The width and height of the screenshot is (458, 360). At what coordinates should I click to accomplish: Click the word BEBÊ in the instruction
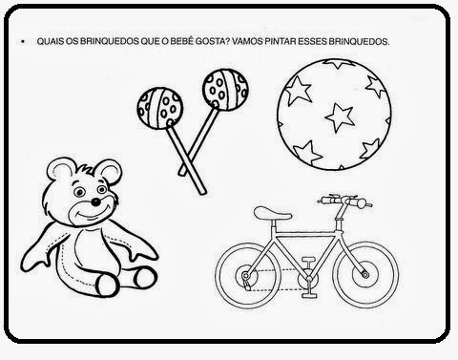coord(181,41)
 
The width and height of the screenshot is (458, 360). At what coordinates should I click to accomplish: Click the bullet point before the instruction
coord(23,42)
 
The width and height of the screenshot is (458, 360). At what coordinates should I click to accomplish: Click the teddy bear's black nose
coord(95,201)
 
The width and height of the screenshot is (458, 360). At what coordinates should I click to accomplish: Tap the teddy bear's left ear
coord(60,170)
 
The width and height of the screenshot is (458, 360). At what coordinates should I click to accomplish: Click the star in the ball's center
coord(340,116)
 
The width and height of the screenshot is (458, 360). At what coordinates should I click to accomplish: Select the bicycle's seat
coord(272,213)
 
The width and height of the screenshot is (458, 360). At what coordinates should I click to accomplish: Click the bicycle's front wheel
coord(365,274)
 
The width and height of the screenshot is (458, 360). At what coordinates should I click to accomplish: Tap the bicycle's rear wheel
coord(248,276)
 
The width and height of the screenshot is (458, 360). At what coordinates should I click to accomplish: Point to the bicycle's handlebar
coord(345,201)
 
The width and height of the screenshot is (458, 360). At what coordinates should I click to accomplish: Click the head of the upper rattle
coord(225,90)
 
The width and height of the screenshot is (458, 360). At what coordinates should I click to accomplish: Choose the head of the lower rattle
coord(160,108)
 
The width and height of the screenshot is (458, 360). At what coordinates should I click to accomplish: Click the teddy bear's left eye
coord(79,192)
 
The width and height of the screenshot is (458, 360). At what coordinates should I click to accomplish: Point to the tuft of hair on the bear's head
coord(86,169)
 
